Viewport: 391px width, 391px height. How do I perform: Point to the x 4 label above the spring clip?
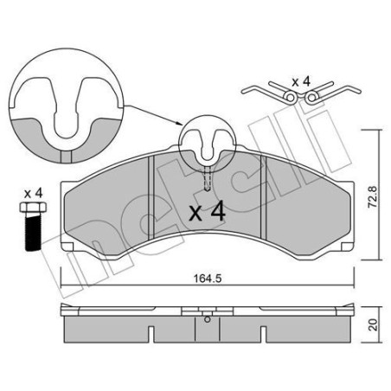[x=301, y=81]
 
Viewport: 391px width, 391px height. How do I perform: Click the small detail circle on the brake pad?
[x=205, y=142]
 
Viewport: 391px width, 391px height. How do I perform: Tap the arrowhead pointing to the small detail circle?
[x=177, y=125]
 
